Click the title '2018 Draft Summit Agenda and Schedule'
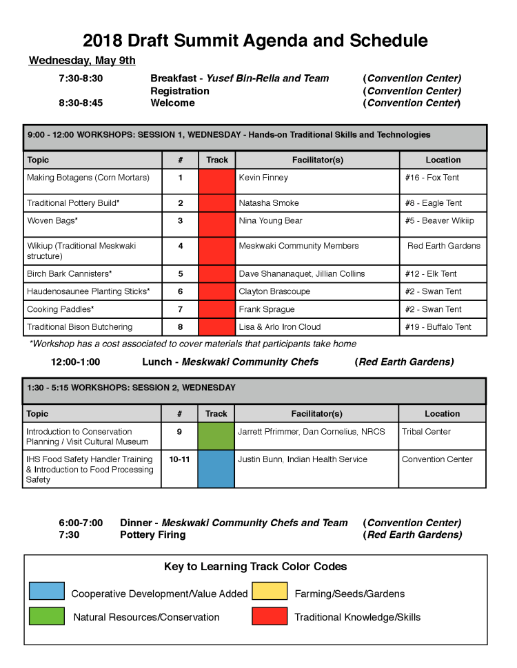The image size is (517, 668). pyautogui.click(x=255, y=40)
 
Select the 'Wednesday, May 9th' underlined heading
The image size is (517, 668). pyautogui.click(x=82, y=61)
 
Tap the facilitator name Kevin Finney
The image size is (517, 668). pyautogui.click(x=263, y=178)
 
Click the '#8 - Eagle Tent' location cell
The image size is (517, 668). pyautogui.click(x=433, y=203)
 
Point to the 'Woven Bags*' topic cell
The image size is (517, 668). pyautogui.click(x=52, y=221)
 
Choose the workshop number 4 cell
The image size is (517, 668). pyautogui.click(x=180, y=246)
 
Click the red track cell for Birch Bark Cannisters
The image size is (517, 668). pyautogui.click(x=216, y=273)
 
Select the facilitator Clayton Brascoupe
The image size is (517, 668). pyautogui.click(x=274, y=291)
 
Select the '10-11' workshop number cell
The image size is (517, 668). pyautogui.click(x=179, y=459)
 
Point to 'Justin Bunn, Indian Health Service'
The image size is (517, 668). pyautogui.click(x=303, y=459)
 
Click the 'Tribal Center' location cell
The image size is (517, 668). pyautogui.click(x=426, y=432)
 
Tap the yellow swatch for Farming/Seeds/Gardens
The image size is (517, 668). pyautogui.click(x=270, y=592)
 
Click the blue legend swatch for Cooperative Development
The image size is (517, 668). pyautogui.click(x=47, y=592)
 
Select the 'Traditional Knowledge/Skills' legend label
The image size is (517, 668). pyautogui.click(x=357, y=617)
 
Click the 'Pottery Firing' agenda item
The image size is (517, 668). pyautogui.click(x=152, y=535)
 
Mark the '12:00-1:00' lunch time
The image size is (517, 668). pyautogui.click(x=75, y=362)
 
